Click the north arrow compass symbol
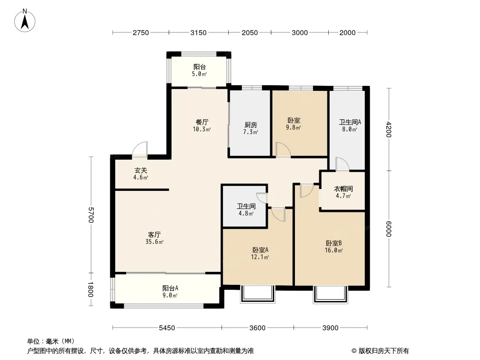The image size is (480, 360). [x=25, y=20]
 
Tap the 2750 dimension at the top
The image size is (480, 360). [x=140, y=33]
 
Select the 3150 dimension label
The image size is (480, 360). [x=199, y=33]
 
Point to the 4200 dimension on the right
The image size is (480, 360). [x=389, y=130]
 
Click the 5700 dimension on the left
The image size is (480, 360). [x=91, y=215]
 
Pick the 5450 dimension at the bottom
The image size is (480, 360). [x=167, y=328]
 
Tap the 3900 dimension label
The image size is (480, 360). [x=331, y=328]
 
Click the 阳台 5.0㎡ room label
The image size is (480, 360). [x=199, y=70]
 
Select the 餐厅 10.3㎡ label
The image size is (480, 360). [x=202, y=126]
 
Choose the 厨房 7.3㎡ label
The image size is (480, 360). [x=250, y=128]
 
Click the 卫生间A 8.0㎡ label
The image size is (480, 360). [x=350, y=126]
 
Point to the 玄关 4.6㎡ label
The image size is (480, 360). [x=141, y=174]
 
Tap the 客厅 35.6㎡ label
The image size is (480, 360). [x=154, y=238]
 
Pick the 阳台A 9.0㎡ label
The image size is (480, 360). [x=170, y=292]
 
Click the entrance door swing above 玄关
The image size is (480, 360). [x=140, y=149]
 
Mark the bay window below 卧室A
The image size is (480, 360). [x=258, y=294]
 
